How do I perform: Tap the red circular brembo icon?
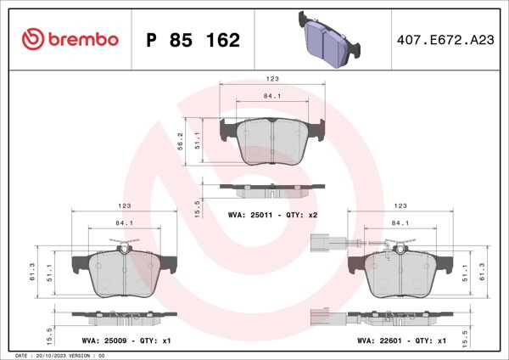pyautogui.click(x=32, y=39)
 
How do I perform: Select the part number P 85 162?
pyautogui.click(x=193, y=40)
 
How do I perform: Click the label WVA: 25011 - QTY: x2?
pyautogui.click(x=272, y=216)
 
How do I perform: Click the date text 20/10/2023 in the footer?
pyautogui.click(x=54, y=355)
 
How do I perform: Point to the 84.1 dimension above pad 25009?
pyautogui.click(x=124, y=223)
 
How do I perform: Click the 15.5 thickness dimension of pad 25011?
pyautogui.click(x=197, y=206)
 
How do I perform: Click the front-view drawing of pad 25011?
pyautogui.click(x=272, y=140)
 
